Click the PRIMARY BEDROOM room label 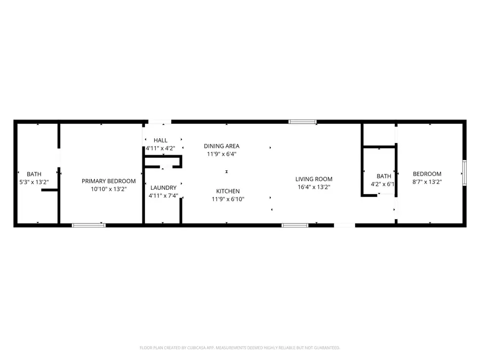pyautogui.click(x=109, y=181)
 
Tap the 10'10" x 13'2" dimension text pyautogui.click(x=109, y=189)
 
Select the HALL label pyautogui.click(x=161, y=140)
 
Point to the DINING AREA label pyautogui.click(x=222, y=146)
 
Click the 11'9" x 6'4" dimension pyautogui.click(x=222, y=154)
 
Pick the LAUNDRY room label pyautogui.click(x=164, y=188)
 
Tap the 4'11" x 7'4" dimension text pyautogui.click(x=164, y=196)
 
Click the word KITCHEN pyautogui.click(x=228, y=191)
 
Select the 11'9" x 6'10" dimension pyautogui.click(x=228, y=199)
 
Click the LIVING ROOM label pyautogui.click(x=314, y=179)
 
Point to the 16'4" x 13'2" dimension pyautogui.click(x=314, y=187)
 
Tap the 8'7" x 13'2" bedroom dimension pyautogui.click(x=427, y=182)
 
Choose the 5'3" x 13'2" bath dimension pyautogui.click(x=34, y=182)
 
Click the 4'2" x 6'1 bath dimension pyautogui.click(x=382, y=185)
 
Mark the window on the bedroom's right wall pyautogui.click(x=465, y=173)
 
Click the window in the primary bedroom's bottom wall pyautogui.click(x=89, y=226)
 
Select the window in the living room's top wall pyautogui.click(x=302, y=122)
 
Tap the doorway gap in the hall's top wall pyautogui.click(x=160, y=122)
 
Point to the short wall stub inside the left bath pyautogui.click(x=50, y=190)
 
